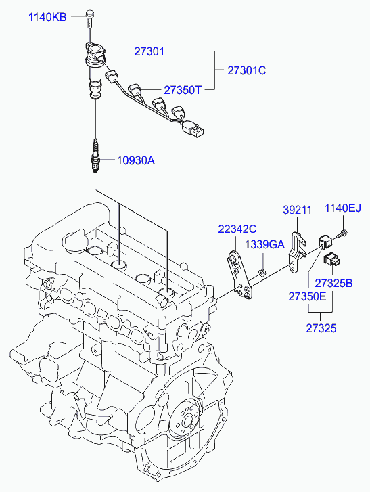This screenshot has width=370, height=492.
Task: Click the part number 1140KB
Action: tap(47, 16)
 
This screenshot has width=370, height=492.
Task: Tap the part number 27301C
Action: tap(248, 70)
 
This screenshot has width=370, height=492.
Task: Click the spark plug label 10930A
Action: tap(136, 160)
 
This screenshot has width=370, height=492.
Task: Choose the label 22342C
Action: tap(237, 229)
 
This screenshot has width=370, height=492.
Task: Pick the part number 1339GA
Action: tap(264, 244)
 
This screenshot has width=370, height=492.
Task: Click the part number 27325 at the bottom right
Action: tap(321, 328)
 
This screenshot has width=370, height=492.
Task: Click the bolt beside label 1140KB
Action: tap(90, 19)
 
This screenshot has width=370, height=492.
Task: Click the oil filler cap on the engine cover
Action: tap(74, 241)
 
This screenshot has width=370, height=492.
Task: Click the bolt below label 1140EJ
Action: tap(344, 233)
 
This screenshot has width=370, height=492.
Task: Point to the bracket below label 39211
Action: tap(296, 250)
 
